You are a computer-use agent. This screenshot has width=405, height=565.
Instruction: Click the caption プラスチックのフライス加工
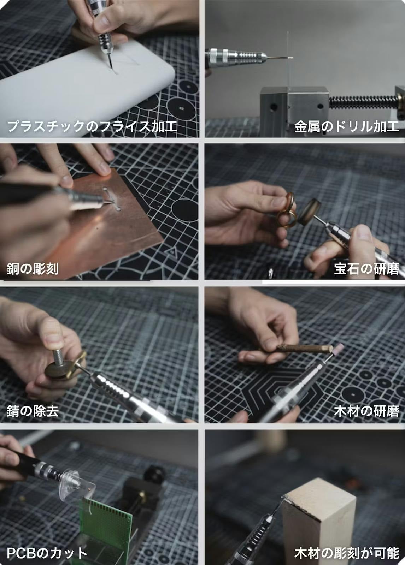click(x=92, y=126)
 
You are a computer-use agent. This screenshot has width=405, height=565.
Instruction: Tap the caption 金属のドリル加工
click(x=347, y=126)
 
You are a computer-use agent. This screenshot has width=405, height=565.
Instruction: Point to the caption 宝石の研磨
click(x=366, y=269)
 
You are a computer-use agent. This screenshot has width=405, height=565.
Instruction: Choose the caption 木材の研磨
click(x=366, y=411)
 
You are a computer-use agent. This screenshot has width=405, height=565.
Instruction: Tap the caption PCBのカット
click(x=47, y=553)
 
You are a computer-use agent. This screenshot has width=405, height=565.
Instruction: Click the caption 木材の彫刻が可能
click(x=347, y=553)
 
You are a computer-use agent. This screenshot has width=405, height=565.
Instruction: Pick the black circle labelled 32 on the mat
click(x=181, y=108)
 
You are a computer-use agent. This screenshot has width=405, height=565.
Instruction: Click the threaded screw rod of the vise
click(x=364, y=102)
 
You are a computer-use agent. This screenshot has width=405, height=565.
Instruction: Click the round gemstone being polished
click(x=310, y=212)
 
